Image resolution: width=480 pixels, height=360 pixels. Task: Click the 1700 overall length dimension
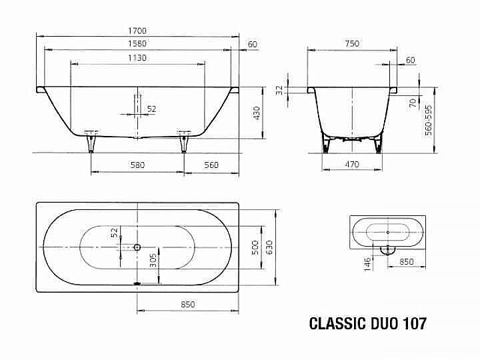[x=137, y=31]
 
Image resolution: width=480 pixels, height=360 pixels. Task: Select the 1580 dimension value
[x=137, y=44]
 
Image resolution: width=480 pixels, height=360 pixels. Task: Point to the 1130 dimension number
[x=137, y=58]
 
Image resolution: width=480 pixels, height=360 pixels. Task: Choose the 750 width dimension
[x=351, y=44]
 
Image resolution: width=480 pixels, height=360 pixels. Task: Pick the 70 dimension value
[x=413, y=102]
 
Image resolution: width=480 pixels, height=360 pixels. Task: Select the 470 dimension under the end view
[x=351, y=164]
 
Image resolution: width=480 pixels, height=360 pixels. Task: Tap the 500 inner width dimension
[x=254, y=247]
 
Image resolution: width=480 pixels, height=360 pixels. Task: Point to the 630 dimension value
[x=270, y=247]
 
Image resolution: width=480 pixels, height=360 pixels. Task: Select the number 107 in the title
[x=412, y=325]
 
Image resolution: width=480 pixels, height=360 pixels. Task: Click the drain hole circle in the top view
[x=137, y=247]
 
